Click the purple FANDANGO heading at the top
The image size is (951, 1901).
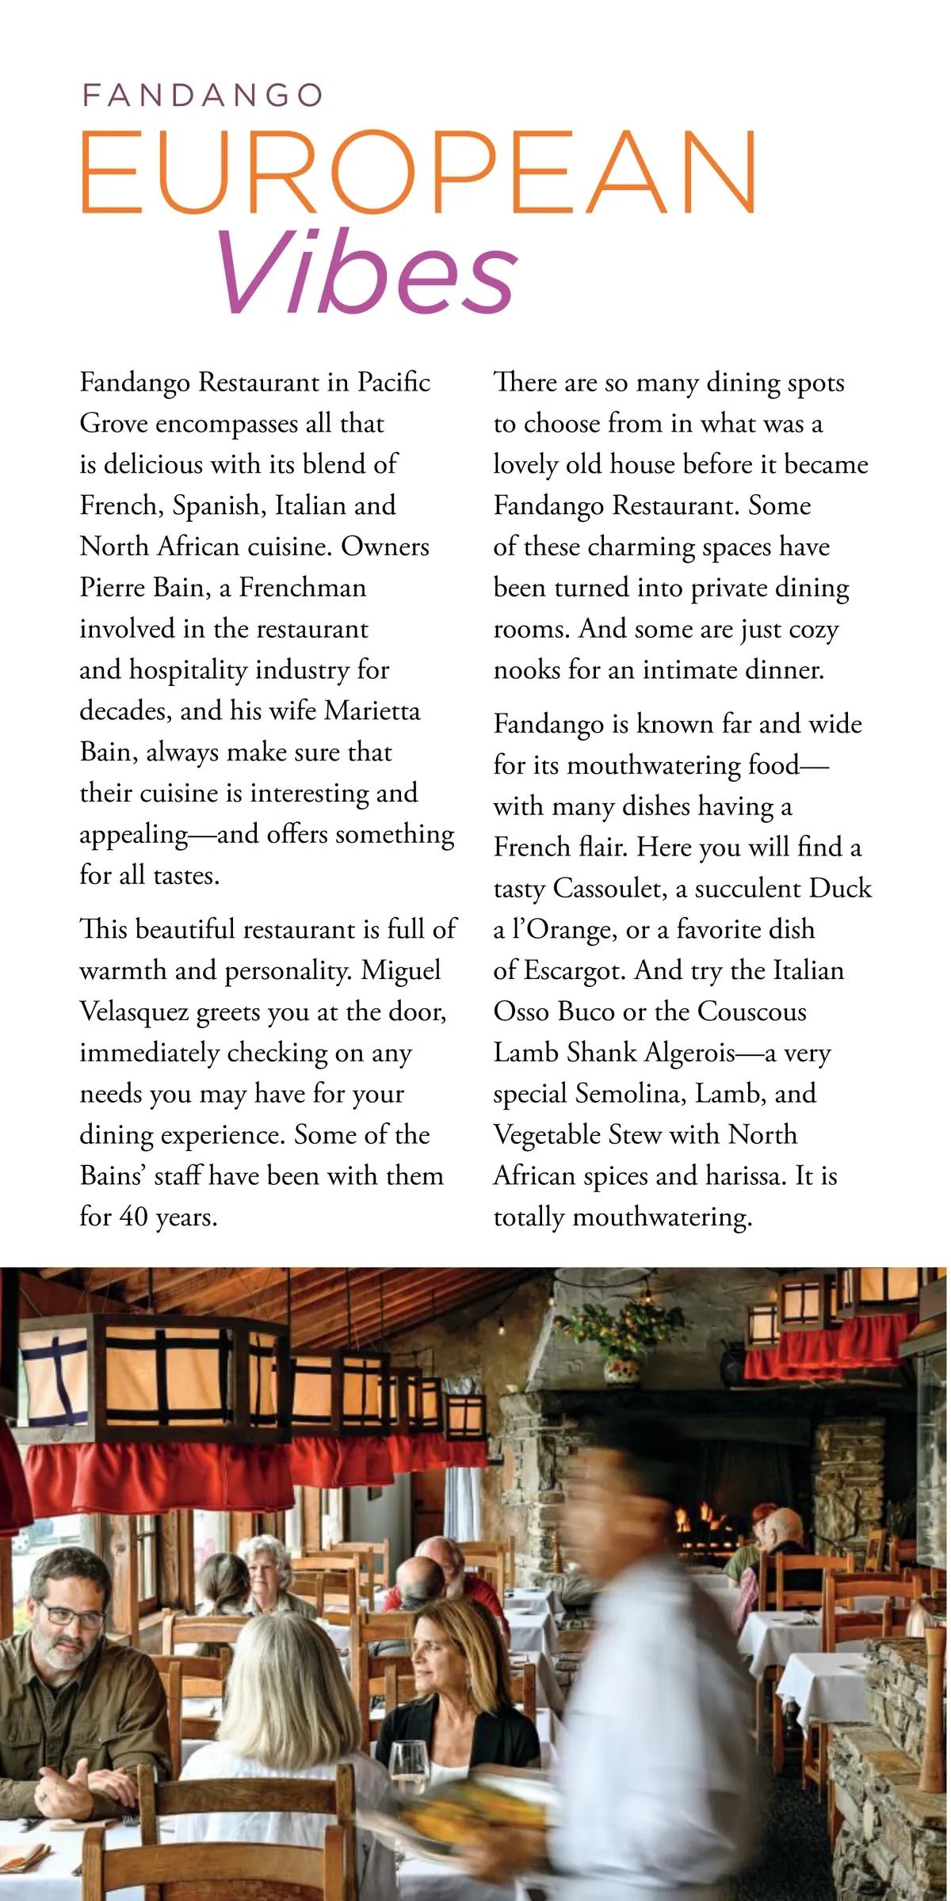click(202, 96)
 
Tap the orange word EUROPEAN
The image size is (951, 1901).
click(418, 173)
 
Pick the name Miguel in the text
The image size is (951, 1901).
click(401, 970)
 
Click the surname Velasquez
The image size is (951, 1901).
click(134, 1011)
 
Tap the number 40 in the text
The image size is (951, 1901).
click(132, 1217)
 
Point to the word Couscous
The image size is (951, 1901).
click(751, 1011)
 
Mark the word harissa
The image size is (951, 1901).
click(743, 1176)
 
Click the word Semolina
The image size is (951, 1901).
click(630, 1094)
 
